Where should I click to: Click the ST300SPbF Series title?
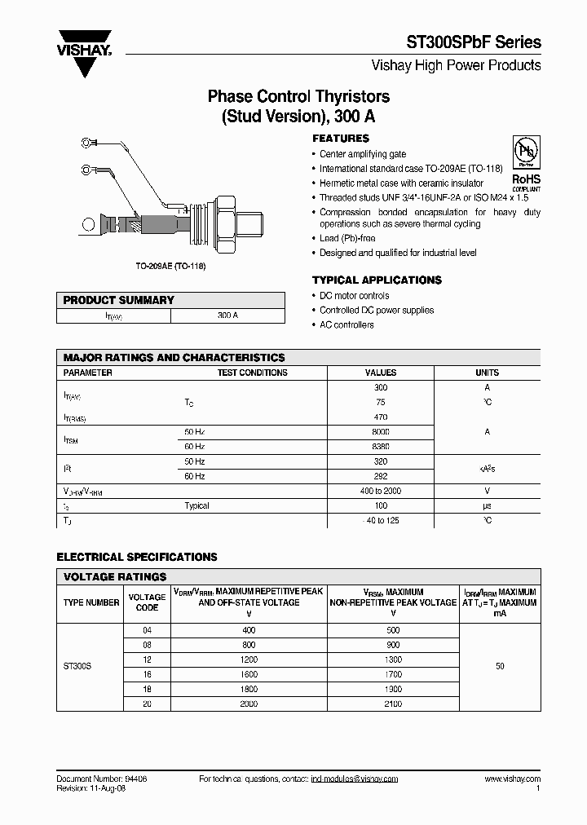tap(473, 42)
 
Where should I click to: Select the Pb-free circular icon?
tap(526, 153)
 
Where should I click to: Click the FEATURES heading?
tap(341, 139)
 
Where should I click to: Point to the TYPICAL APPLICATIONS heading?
tap(377, 280)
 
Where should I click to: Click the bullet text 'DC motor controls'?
tap(354, 296)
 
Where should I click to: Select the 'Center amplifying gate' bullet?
tap(362, 154)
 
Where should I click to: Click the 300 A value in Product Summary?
tap(228, 315)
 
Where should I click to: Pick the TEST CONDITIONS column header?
tap(252, 373)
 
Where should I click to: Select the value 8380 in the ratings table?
tap(381, 446)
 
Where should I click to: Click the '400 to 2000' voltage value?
tap(381, 491)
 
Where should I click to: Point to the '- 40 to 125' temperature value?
tap(381, 520)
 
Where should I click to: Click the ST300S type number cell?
tap(77, 666)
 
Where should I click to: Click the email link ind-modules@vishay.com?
tap(354, 779)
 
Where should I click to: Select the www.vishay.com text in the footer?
tap(512, 779)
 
